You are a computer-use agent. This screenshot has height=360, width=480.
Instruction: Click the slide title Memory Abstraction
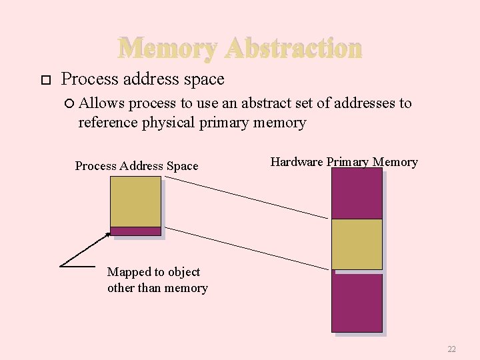[240, 48]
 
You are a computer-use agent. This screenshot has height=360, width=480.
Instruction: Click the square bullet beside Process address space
[45, 80]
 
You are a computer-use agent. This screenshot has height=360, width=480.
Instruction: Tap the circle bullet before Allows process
[71, 103]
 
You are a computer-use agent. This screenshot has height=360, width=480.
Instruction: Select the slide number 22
[451, 349]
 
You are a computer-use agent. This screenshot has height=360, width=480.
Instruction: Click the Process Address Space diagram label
[137, 166]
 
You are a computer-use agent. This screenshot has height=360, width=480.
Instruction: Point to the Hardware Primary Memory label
[344, 162]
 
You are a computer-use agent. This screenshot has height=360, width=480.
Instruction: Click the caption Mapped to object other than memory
[157, 280]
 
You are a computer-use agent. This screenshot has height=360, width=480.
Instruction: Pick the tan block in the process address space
[135, 201]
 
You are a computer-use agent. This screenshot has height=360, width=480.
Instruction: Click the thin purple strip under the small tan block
[135, 231]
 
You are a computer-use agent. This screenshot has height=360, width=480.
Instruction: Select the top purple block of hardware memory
[357, 193]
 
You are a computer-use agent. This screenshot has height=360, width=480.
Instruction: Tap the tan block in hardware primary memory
[357, 244]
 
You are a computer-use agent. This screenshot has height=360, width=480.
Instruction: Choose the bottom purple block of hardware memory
[357, 303]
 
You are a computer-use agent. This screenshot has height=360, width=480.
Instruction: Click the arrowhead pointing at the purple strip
[107, 235]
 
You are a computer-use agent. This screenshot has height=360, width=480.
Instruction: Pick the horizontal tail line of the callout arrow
[77, 266]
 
